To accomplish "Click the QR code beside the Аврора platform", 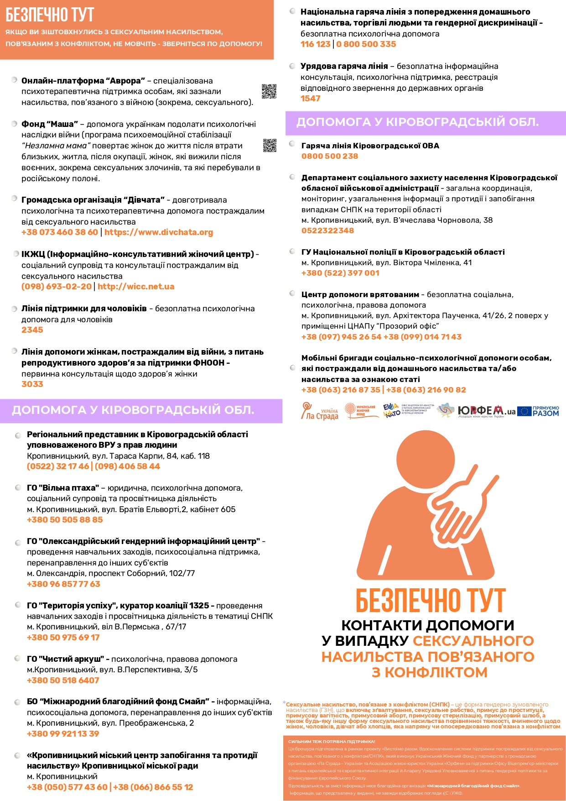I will [x=269, y=91].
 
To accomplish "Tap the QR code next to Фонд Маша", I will [x=270, y=146].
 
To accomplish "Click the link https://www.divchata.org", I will [x=159, y=232].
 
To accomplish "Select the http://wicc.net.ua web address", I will [x=136, y=287].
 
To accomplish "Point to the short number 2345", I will [x=32, y=330].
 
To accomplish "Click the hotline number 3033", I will [x=32, y=384].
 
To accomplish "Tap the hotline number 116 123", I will [x=315, y=44].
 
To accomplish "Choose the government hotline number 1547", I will [x=310, y=99].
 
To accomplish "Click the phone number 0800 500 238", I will [x=330, y=156].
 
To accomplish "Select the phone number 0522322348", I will [x=327, y=230].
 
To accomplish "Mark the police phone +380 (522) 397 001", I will [x=340, y=273].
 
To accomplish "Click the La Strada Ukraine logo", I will [x=319, y=411].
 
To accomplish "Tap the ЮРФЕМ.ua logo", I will [x=486, y=411].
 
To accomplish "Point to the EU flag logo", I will [x=524, y=411].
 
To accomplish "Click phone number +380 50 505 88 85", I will [x=65, y=520].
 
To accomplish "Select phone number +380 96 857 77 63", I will [x=63, y=584].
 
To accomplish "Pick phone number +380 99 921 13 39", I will [x=63, y=734].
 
